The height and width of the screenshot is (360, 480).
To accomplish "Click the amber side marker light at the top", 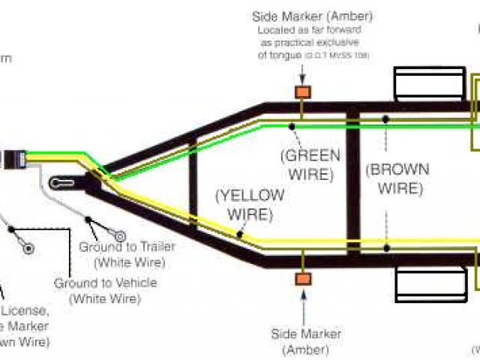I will [303, 92].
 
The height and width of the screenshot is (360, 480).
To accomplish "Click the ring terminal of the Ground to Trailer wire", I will [118, 236].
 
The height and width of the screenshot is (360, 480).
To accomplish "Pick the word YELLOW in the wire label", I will [250, 196].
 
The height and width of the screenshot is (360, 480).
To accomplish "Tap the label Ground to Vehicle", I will [106, 283].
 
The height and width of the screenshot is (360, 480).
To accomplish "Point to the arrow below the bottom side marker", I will [303, 304].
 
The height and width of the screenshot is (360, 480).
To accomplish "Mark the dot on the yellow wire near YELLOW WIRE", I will [239, 235].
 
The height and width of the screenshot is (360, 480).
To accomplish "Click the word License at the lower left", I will [28, 311].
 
